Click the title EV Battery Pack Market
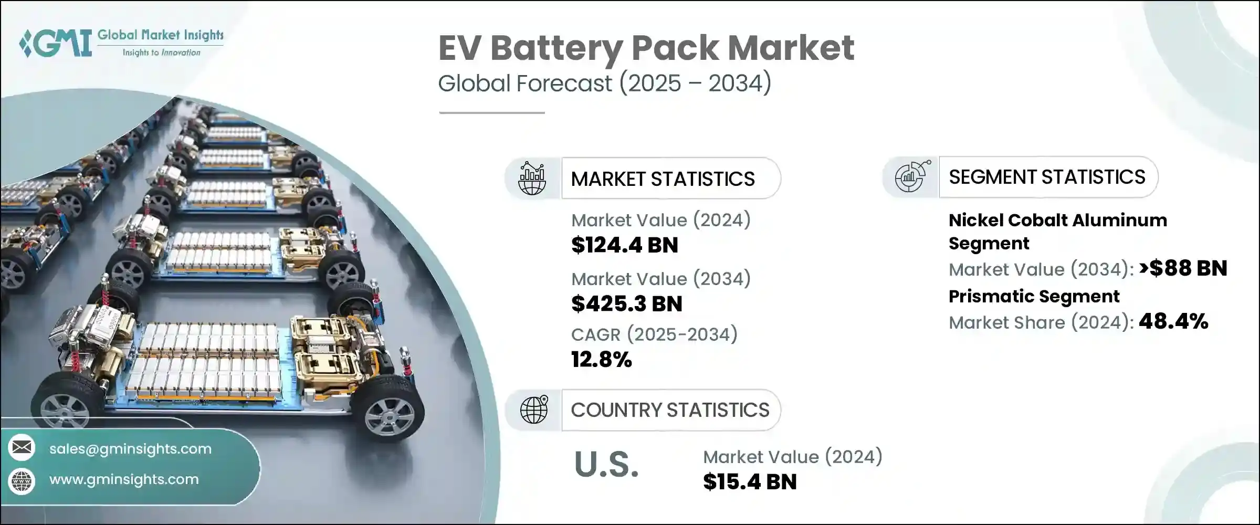pyautogui.click(x=646, y=48)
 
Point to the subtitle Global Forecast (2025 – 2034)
pyautogui.click(x=604, y=83)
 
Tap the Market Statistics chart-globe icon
pyautogui.click(x=532, y=178)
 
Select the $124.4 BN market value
pyautogui.click(x=624, y=245)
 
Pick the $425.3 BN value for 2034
pyautogui.click(x=626, y=304)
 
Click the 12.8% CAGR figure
pyautogui.click(x=601, y=360)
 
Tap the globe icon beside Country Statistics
pyautogui.click(x=533, y=410)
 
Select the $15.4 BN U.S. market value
pyautogui.click(x=750, y=482)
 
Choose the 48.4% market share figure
pyautogui.click(x=1173, y=321)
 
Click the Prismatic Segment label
pyautogui.click(x=1034, y=297)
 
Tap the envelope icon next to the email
pyautogui.click(x=22, y=447)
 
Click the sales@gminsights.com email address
pyautogui.click(x=130, y=449)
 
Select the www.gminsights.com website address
pyautogui.click(x=124, y=479)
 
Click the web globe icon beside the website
pyautogui.click(x=22, y=481)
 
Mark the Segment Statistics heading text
pyautogui.click(x=1047, y=177)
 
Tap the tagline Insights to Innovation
pyautogui.click(x=161, y=52)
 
